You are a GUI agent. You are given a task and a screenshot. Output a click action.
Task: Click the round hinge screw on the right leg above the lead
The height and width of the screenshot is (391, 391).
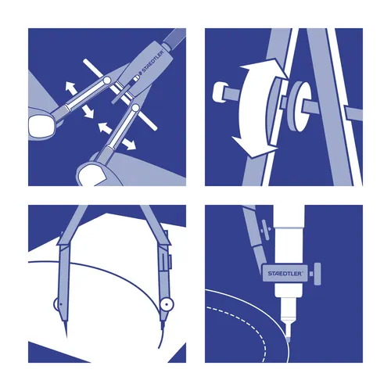pyautogui.click(x=166, y=302)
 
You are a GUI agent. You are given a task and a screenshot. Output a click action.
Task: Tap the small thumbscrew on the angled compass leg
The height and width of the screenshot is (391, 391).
pyautogui.click(x=251, y=224)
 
